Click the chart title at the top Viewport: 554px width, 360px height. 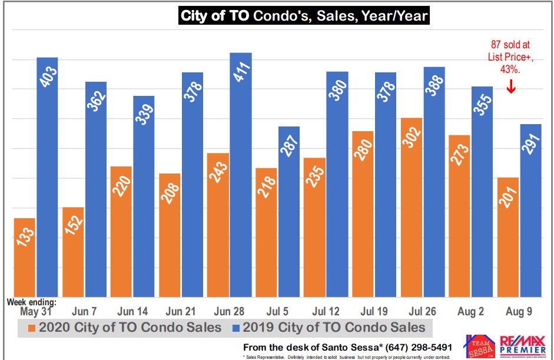304,15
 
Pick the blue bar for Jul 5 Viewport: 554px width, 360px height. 289,212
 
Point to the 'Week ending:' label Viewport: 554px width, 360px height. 32,302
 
